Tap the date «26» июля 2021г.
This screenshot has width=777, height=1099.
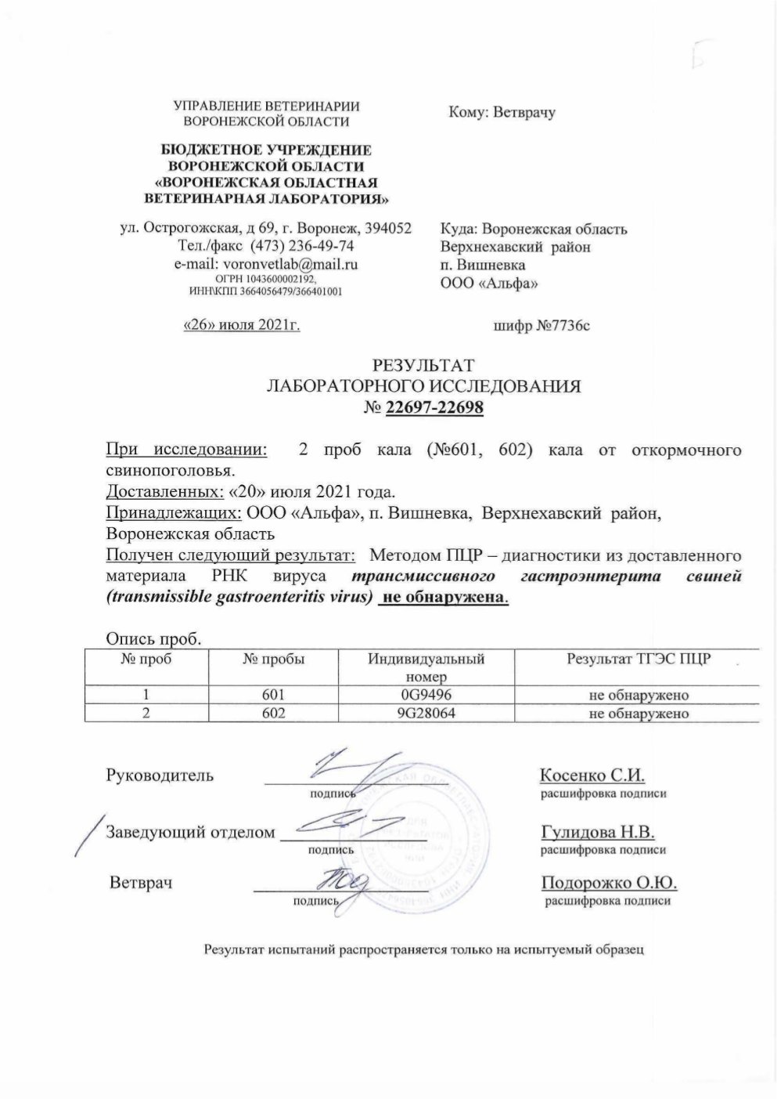click(241, 325)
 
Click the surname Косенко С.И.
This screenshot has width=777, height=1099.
click(592, 775)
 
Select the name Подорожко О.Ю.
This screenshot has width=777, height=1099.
click(609, 883)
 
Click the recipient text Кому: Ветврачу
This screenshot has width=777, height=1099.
click(502, 113)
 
